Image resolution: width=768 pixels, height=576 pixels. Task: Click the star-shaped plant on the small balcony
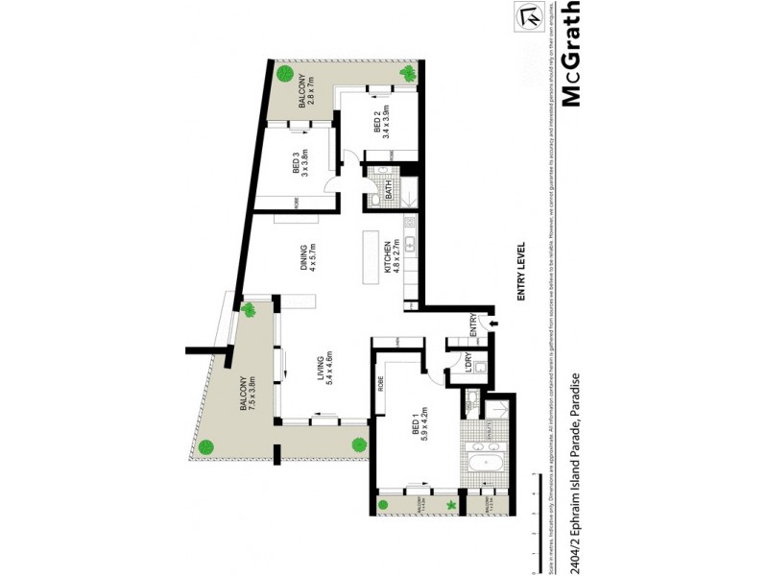point(449,506)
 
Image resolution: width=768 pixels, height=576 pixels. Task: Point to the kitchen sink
point(410,244)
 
